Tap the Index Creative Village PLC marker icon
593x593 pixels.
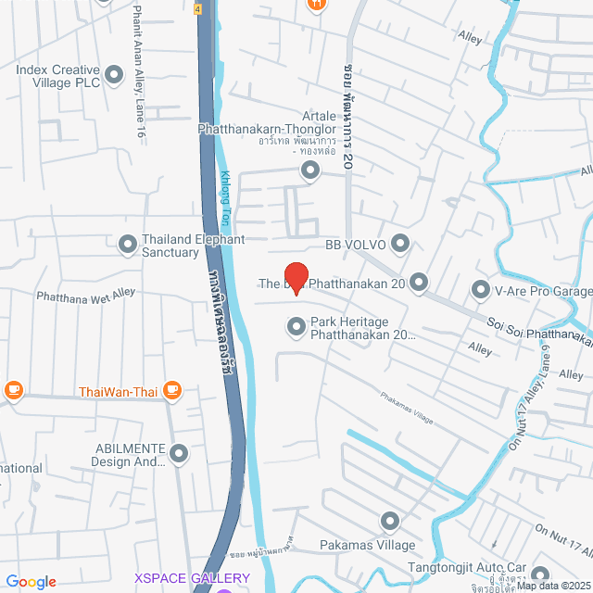[115, 74]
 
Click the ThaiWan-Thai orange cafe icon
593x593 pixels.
[171, 390]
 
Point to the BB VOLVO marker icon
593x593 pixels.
[400, 244]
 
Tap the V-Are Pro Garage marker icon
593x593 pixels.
[481, 291]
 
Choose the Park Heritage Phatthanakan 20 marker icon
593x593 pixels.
[296, 326]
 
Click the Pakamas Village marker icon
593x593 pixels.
[389, 521]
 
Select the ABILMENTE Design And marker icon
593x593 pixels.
[179, 454]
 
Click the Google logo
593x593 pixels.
[32, 581]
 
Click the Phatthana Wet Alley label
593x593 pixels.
[85, 295]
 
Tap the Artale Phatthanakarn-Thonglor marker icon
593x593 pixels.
[309, 170]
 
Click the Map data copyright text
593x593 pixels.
[553, 586]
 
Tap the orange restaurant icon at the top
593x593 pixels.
[316, 4]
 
